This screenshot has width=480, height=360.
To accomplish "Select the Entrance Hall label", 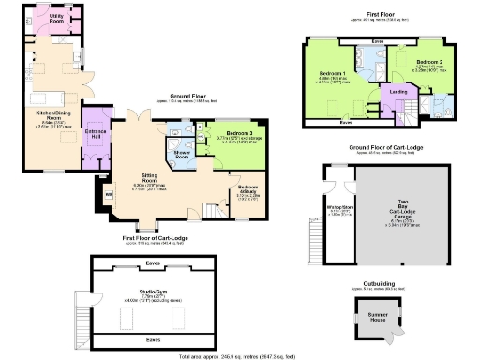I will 96,133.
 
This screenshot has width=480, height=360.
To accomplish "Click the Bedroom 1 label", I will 333,73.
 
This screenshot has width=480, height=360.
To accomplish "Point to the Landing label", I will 397,92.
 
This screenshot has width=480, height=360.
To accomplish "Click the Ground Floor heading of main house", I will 187,93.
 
